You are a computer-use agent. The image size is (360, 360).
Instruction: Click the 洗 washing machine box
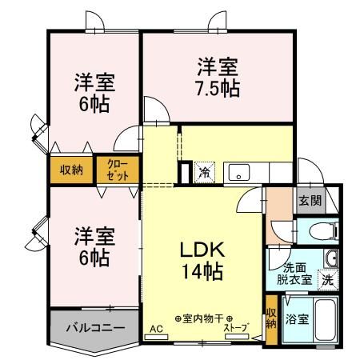[327, 280]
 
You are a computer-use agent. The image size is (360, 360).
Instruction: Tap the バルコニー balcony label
[94, 328]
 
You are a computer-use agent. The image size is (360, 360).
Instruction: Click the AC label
[155, 328]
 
